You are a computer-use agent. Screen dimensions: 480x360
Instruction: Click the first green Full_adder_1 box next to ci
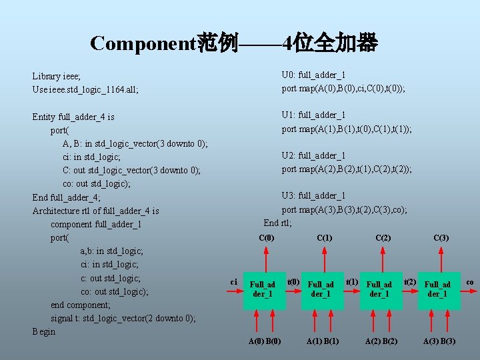pyautogui.click(x=263, y=289)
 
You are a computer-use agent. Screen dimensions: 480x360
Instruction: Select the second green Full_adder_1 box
pyautogui.click(x=321, y=289)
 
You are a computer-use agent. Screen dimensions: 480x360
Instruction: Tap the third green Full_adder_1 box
pyautogui.click(x=379, y=289)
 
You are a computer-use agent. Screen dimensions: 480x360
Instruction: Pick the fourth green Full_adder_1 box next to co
pyautogui.click(x=437, y=289)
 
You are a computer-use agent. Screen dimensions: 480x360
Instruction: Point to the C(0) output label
pyautogui.click(x=266, y=238)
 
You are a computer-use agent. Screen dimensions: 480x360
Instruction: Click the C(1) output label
pyautogui.click(x=325, y=238)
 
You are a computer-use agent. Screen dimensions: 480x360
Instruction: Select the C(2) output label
pyautogui.click(x=383, y=238)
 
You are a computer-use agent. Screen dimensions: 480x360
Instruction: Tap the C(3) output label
pyautogui.click(x=441, y=238)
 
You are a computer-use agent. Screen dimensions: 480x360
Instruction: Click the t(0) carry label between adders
pyautogui.click(x=293, y=282)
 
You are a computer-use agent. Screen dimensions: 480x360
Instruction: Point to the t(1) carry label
pyautogui.click(x=351, y=282)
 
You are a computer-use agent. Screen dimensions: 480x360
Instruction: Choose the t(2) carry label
pyautogui.click(x=410, y=282)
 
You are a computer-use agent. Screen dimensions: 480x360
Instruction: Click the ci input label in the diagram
pyautogui.click(x=234, y=282)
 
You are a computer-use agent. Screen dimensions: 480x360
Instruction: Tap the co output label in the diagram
pyautogui.click(x=469, y=282)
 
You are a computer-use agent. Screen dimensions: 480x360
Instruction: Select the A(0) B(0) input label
pyautogui.click(x=265, y=341)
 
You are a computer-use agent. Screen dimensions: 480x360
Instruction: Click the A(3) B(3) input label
pyautogui.click(x=439, y=341)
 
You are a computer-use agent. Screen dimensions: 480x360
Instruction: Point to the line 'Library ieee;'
pyautogui.click(x=57, y=76)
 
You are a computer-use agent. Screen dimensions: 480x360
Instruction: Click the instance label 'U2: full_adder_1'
pyautogui.click(x=313, y=155)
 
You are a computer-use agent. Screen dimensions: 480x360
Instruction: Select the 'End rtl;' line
pyautogui.click(x=278, y=223)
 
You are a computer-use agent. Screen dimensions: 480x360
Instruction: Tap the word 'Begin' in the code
pyautogui.click(x=44, y=331)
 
